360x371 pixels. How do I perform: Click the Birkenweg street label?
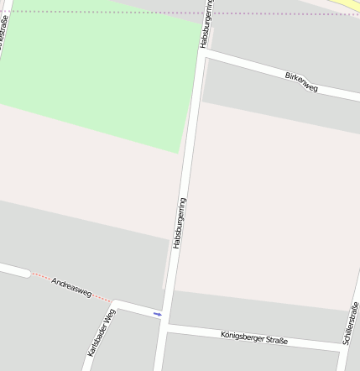point(301,82)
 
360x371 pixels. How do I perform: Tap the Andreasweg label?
point(70,285)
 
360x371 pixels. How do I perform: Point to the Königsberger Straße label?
point(253,337)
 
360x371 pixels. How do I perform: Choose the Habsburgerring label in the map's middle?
point(180,222)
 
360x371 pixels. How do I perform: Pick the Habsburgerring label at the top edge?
point(206,24)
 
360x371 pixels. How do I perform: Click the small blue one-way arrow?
point(157,314)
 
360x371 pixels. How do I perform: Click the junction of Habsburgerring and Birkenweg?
point(204,51)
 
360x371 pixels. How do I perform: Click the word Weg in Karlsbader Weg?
point(107,317)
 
